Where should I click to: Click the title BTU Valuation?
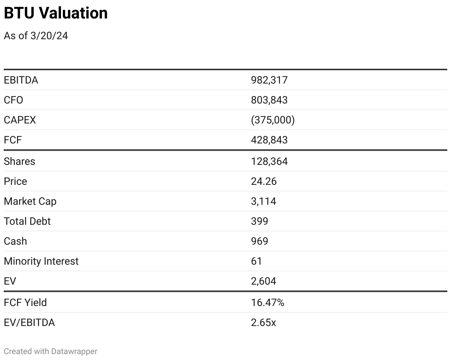click(x=55, y=13)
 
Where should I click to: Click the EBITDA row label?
click(x=21, y=80)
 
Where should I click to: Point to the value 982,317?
click(x=269, y=80)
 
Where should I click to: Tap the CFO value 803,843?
click(x=269, y=100)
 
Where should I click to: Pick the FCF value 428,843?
click(x=269, y=140)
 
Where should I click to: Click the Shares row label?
click(x=19, y=162)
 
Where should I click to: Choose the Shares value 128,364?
click(x=269, y=162)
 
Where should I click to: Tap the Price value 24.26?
click(x=263, y=181)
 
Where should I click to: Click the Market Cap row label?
click(x=30, y=201)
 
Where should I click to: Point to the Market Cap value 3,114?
click(x=263, y=201)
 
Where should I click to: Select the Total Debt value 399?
click(x=259, y=221)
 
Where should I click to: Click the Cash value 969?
click(x=259, y=241)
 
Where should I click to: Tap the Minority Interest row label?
click(x=41, y=261)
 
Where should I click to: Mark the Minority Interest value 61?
click(x=256, y=261)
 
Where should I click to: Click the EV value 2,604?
click(x=263, y=281)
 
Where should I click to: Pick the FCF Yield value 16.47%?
click(x=267, y=303)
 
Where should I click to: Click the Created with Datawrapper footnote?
click(x=50, y=351)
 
